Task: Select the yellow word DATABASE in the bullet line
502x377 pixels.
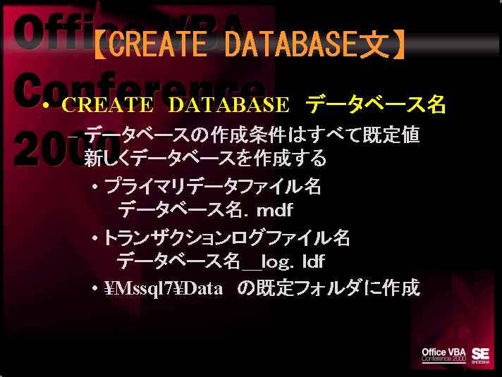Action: point(228,105)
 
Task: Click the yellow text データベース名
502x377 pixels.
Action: point(376,104)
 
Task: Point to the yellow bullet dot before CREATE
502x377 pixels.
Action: point(47,105)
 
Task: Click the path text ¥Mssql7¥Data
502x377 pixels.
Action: point(164,289)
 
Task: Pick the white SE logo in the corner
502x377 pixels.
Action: point(480,355)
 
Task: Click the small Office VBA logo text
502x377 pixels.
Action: point(443,352)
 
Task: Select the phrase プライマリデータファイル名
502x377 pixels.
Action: point(213,186)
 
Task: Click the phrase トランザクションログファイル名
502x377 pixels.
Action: point(226,237)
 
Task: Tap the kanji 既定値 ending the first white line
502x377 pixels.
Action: point(391,135)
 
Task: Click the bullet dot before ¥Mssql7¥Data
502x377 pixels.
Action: point(94,289)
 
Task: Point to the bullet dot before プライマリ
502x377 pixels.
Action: point(94,186)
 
